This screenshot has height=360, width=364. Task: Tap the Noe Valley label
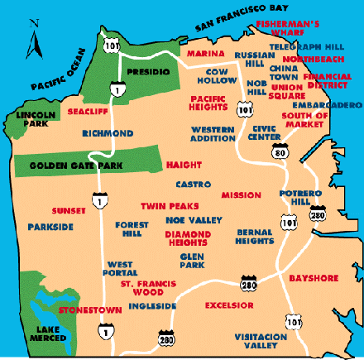pyautogui.click(x=194, y=220)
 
